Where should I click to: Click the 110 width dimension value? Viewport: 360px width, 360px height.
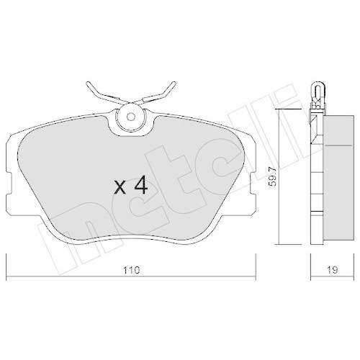point(130,271)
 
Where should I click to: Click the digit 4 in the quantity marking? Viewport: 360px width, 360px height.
point(140,186)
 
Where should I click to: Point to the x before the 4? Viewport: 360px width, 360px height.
point(121,189)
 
